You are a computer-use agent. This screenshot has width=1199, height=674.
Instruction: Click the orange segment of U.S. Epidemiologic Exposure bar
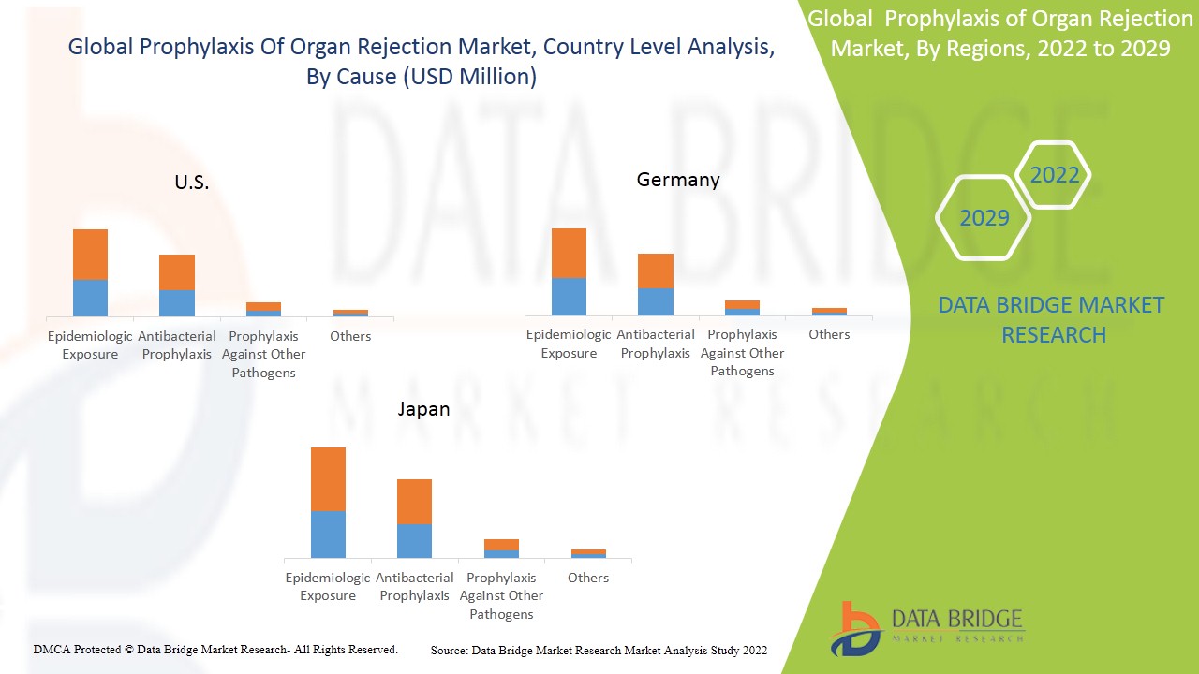point(90,255)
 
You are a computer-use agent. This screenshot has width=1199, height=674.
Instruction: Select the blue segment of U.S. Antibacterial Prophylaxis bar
point(176,303)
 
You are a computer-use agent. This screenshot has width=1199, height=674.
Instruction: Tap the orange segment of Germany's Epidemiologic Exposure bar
point(569,253)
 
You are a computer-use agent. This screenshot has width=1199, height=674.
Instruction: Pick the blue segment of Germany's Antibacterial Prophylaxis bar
point(655,301)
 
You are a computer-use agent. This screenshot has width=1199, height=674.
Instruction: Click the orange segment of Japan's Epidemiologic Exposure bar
point(328,479)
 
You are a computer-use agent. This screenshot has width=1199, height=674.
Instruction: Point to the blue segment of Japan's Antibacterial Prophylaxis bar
point(414,541)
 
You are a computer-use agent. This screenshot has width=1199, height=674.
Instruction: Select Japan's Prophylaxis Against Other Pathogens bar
point(501,549)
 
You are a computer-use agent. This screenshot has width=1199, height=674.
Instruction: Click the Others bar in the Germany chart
point(829,312)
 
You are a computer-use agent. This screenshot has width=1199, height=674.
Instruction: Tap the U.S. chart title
point(192,183)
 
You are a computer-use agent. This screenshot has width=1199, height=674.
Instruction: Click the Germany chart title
point(678,180)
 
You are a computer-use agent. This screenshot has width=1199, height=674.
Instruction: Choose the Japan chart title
point(423,409)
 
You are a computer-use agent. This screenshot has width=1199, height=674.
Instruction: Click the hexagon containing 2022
point(1054,175)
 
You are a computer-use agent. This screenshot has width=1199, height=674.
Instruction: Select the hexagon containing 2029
point(984,218)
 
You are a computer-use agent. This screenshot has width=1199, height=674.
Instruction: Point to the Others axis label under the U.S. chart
point(351,336)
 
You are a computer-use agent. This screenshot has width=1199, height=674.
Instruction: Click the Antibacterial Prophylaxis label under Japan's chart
point(414,587)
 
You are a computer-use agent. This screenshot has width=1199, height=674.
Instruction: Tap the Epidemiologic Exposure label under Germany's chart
point(569,344)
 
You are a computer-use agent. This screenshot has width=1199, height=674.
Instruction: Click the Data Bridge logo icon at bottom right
point(854,628)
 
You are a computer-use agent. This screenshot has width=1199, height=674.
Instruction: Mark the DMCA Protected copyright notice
point(215,650)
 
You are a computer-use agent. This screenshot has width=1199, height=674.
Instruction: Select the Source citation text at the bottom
point(599,651)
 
